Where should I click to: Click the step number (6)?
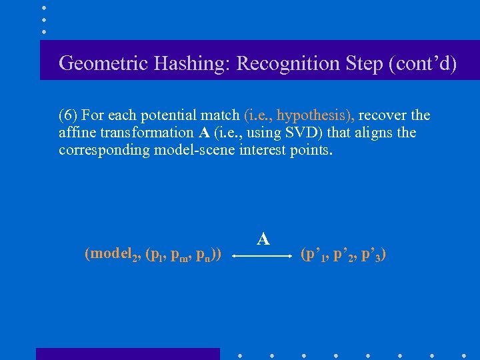click(x=69, y=115)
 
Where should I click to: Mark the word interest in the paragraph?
click(x=261, y=150)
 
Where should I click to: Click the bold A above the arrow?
click(x=263, y=239)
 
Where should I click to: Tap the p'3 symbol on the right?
click(x=371, y=255)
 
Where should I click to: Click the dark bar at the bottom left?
click(x=127, y=353)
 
